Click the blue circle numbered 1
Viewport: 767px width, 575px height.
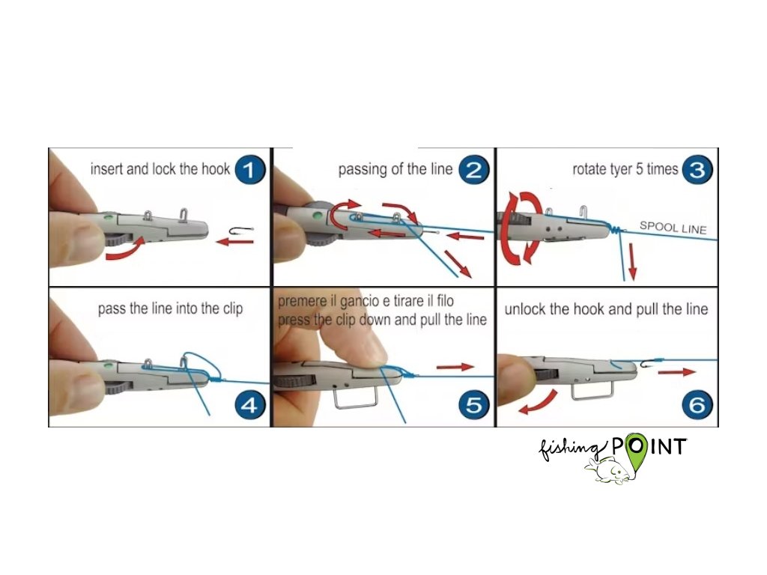pyautogui.click(x=250, y=170)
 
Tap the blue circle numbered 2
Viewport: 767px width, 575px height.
pyautogui.click(x=473, y=170)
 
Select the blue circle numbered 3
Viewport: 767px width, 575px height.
pyautogui.click(x=697, y=170)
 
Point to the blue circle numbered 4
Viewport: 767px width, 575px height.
pyautogui.click(x=250, y=405)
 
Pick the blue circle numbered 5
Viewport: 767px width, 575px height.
pyautogui.click(x=473, y=405)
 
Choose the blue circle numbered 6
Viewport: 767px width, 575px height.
pyautogui.click(x=697, y=405)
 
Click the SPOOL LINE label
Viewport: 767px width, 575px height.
pyautogui.click(x=673, y=228)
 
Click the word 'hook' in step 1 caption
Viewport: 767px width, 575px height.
pyautogui.click(x=216, y=169)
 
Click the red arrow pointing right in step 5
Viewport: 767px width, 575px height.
pyautogui.click(x=455, y=367)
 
